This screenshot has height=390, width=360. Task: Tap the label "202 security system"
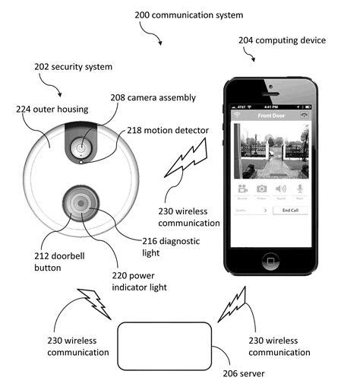(74, 67)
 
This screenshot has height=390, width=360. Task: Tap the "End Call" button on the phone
(291, 210)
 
